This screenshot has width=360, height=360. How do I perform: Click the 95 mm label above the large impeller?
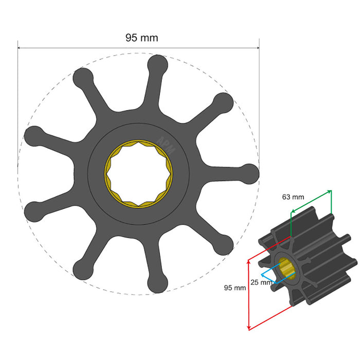point(141,38)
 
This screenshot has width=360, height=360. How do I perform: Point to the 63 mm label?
point(293,196)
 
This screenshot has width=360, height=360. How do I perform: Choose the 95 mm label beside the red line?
point(235,287)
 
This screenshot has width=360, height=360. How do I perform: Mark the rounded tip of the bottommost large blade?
point(157,283)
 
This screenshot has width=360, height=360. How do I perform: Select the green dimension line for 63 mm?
point(312,201)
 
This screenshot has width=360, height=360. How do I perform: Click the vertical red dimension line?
point(249,293)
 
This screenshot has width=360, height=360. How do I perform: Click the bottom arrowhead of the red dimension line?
point(249,328)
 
